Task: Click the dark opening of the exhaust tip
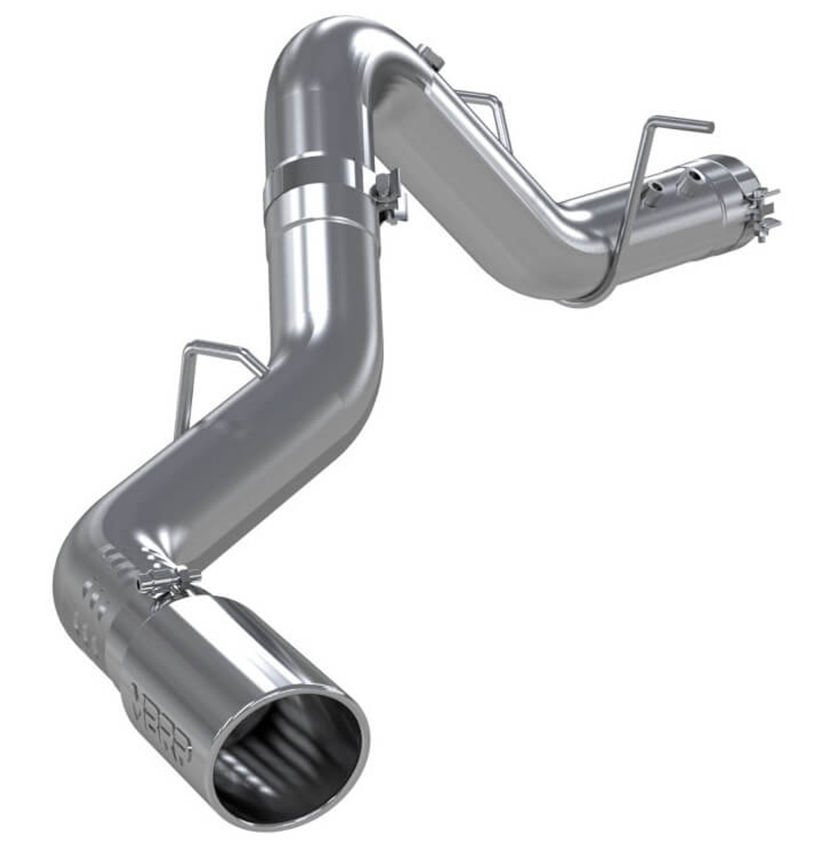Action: (291, 747)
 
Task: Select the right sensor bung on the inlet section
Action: (694, 175)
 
